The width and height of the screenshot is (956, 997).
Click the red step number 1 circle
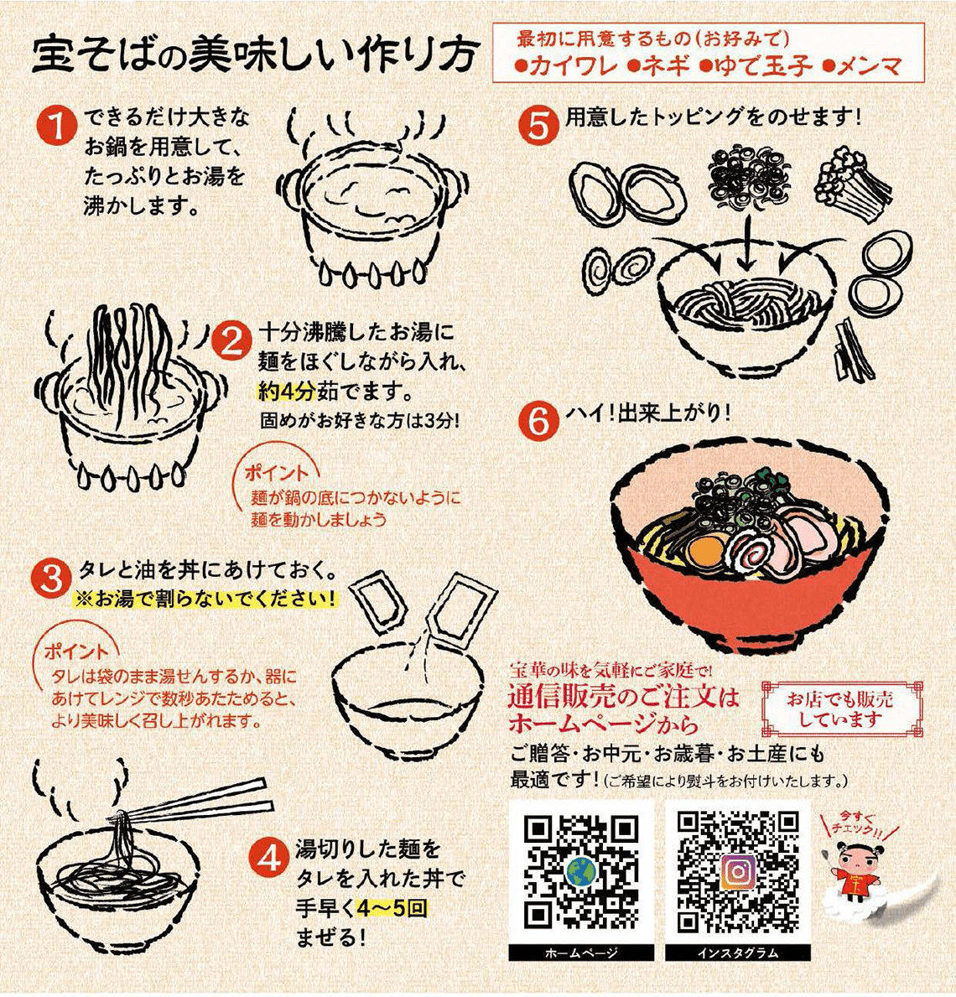57,125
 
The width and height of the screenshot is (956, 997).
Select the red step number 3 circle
51,579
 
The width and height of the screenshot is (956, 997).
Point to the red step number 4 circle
269,859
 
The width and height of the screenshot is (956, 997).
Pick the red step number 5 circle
538,125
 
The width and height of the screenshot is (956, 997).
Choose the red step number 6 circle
538,420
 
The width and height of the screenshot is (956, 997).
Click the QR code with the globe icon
580,871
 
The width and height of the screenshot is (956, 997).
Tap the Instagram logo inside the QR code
738,871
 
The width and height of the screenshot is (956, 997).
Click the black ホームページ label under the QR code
580,953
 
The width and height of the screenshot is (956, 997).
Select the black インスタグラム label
738,953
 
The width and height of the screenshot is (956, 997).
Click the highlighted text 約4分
286,391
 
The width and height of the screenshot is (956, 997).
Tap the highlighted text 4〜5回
392,908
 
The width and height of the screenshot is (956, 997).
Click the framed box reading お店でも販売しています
841,709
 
